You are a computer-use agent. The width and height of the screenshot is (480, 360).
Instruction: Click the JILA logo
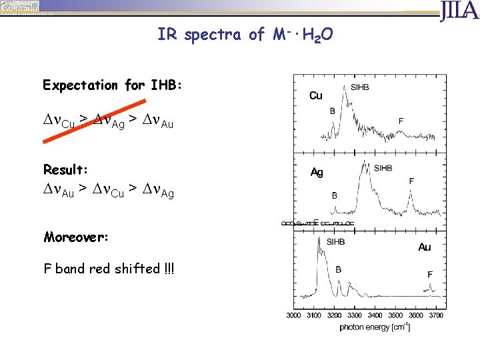point(459,11)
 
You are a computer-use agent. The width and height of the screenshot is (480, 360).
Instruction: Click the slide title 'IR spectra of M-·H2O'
point(242,35)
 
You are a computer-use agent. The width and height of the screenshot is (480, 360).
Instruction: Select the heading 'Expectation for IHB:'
point(112,85)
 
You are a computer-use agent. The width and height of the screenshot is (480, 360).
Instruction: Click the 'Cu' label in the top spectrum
point(316,96)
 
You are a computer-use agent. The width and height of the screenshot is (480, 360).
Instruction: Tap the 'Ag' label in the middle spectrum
point(317,173)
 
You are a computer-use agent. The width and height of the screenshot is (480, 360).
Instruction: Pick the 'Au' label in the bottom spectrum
point(424,247)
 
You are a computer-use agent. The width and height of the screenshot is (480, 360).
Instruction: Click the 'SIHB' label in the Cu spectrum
point(359,87)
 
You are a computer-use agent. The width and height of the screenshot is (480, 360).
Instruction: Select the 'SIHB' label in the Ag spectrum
point(383,168)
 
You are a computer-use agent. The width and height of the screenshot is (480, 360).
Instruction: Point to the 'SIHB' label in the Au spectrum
point(335,242)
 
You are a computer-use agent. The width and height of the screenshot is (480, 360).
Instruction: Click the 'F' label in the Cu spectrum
point(401,121)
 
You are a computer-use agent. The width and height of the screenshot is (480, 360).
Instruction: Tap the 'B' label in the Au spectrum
point(338,270)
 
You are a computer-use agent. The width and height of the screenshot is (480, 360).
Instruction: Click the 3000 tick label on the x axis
point(294,315)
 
